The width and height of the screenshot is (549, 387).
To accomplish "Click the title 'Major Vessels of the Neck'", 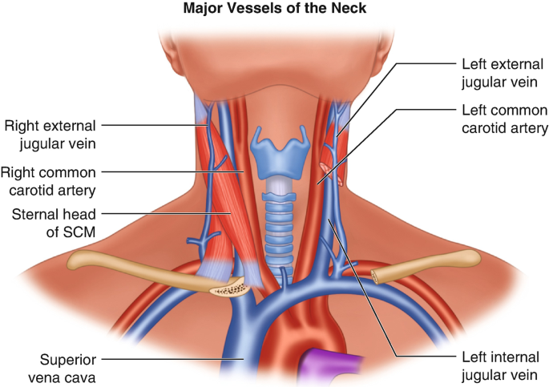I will [x=274, y=10].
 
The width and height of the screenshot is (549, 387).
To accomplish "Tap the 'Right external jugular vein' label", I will [x=50, y=135].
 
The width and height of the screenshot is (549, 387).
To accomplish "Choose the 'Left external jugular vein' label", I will [x=500, y=71].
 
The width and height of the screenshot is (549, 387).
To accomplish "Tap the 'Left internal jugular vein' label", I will [x=501, y=366].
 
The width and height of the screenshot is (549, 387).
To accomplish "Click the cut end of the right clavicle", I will [x=229, y=288].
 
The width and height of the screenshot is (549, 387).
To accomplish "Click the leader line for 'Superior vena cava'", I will [x=160, y=358].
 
